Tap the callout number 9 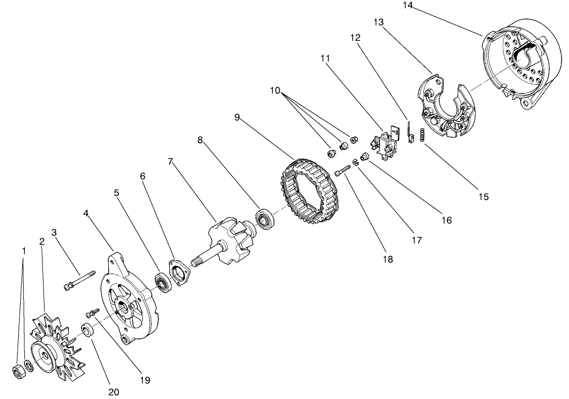[237, 117]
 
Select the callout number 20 [113, 392]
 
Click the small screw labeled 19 [93, 312]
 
